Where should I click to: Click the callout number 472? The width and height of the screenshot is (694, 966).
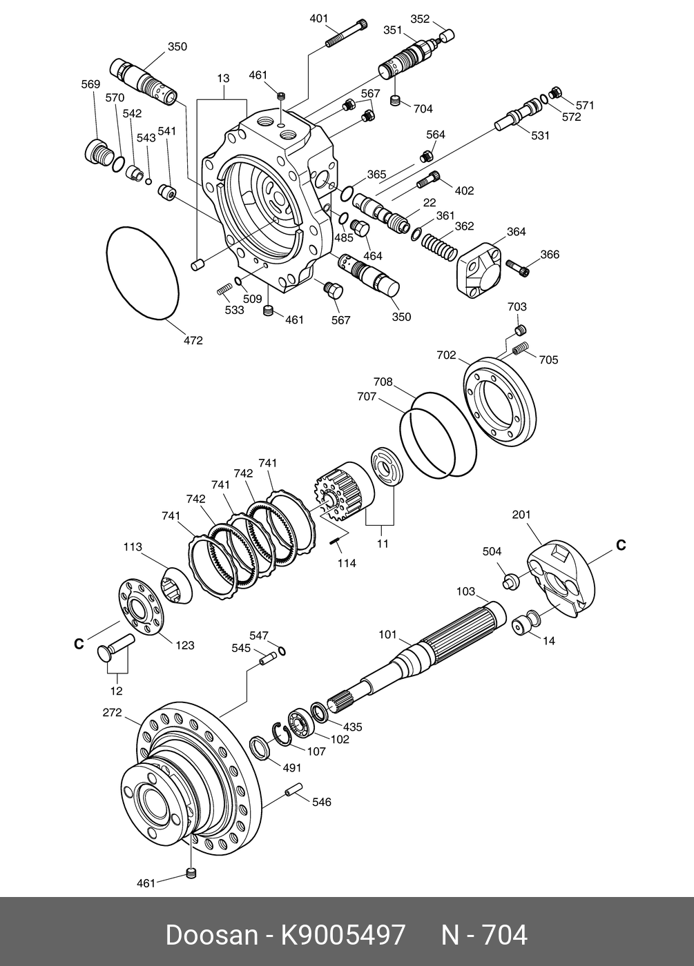pos(193,340)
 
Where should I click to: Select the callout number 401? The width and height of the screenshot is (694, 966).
pos(318,19)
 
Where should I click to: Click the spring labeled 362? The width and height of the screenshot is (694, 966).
pos(438,246)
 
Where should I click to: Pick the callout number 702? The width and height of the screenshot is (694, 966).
pos(446,355)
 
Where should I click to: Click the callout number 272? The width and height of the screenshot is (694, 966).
pos(112,713)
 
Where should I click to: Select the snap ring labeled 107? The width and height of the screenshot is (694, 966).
pos(283,734)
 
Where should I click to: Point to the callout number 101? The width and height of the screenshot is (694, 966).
pos(388,634)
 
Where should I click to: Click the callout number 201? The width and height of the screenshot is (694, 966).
pos(521,514)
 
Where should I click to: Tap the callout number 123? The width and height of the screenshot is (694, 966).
pos(184,646)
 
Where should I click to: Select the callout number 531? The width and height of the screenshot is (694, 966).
pos(540,136)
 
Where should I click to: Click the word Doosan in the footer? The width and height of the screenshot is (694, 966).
pos(211,936)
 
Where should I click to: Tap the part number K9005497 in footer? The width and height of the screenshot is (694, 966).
pos(342,936)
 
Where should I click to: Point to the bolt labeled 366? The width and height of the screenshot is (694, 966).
pos(518,266)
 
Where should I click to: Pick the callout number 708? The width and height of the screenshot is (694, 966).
pos(383,382)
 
